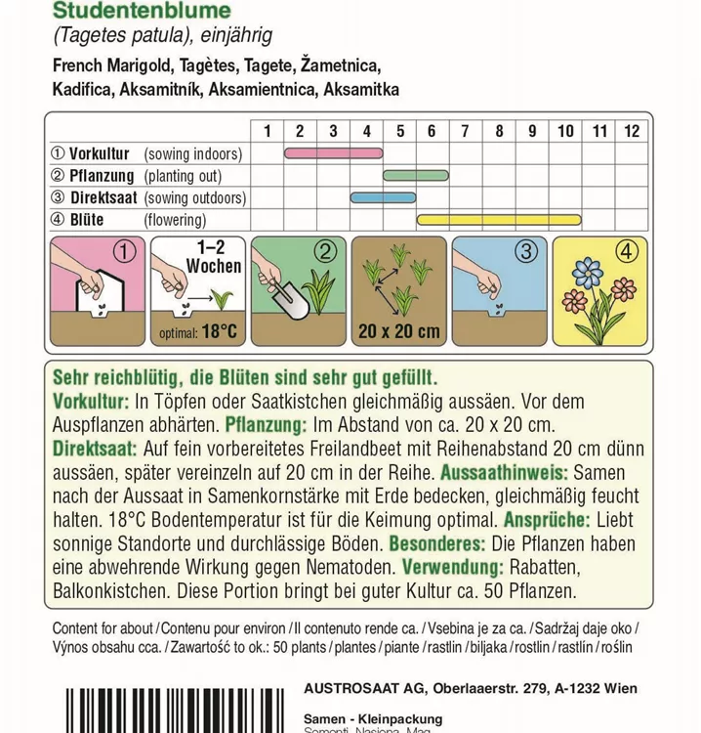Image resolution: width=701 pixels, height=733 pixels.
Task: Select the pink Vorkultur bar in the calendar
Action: click(333, 153)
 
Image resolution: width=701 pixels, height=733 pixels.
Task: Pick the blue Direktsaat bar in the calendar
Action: click(383, 197)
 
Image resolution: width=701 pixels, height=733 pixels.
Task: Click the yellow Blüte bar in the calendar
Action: click(499, 220)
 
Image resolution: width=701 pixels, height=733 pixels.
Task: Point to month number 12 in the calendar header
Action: click(632, 131)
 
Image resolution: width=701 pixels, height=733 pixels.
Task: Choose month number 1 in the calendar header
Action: click(267, 131)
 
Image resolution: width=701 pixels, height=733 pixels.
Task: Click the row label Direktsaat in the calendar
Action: click(104, 198)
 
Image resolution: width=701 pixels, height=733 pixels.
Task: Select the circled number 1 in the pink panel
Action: click(123, 252)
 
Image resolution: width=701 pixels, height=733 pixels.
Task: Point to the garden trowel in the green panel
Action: click(291, 297)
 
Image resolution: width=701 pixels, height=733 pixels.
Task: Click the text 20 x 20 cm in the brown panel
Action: click(398, 331)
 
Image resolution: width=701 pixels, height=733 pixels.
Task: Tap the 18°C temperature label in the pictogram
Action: click(219, 332)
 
